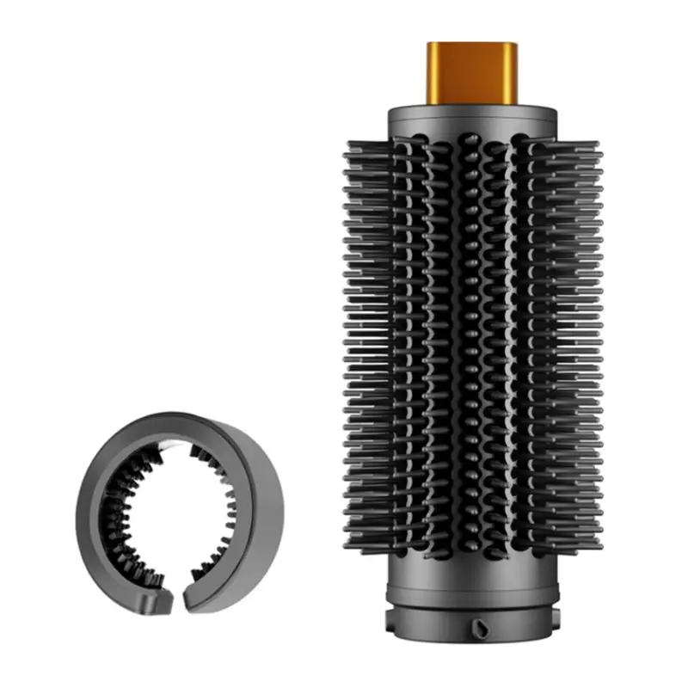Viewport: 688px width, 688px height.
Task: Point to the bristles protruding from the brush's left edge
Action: coord(354,344)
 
